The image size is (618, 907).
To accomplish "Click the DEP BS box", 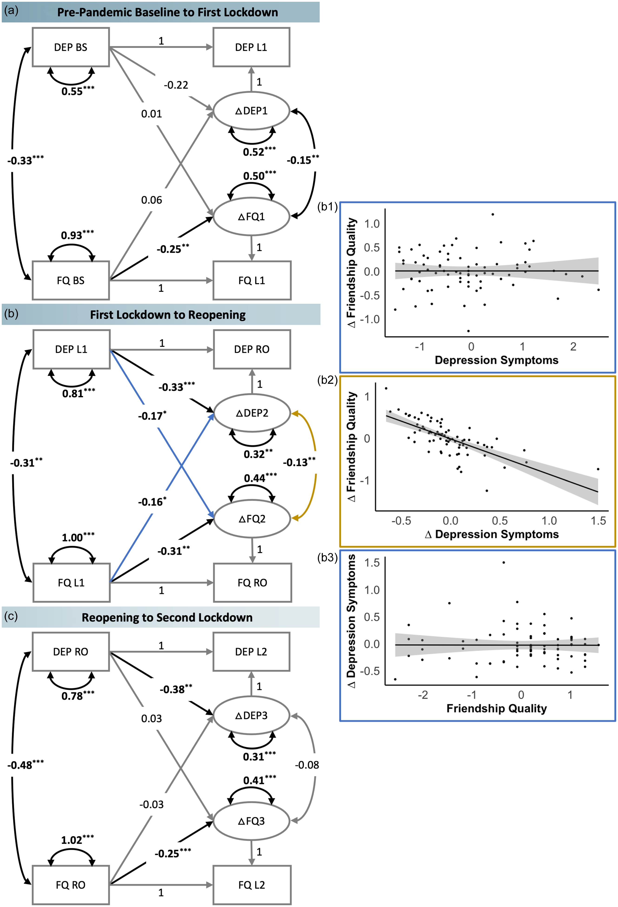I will coord(71,47).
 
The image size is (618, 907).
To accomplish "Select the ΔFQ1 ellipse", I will coord(251,217).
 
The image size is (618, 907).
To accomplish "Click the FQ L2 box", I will coord(252,885).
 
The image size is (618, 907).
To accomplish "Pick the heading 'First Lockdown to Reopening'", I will coord(168,315).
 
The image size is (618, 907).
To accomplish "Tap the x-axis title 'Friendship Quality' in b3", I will coord(496,708).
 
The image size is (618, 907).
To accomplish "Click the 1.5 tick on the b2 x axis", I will coord(598,521).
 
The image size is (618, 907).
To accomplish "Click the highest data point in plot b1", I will coord(493,214).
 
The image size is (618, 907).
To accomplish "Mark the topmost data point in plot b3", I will coord(504,562).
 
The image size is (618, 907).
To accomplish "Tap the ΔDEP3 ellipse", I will coord(251,715).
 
